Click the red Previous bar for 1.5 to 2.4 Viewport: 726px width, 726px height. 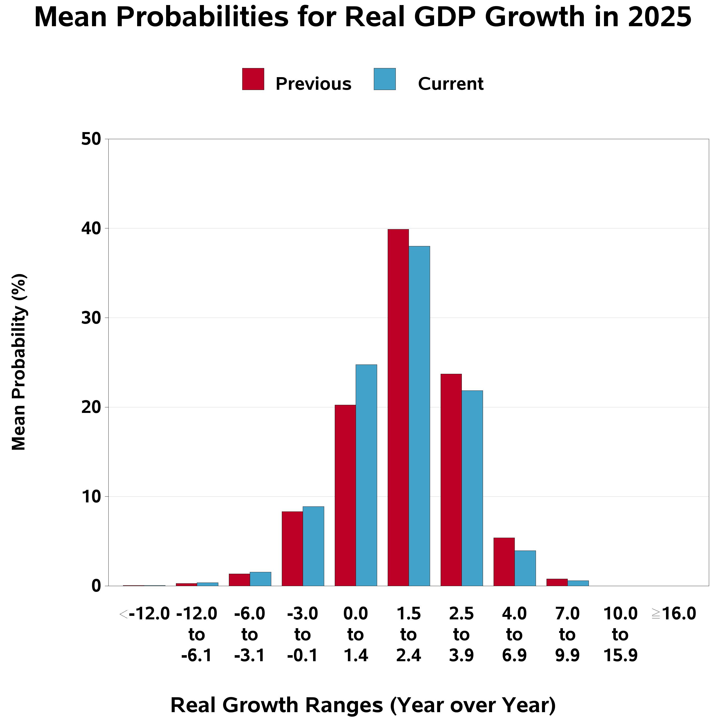(398, 407)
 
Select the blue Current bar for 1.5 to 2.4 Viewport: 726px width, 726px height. (419, 416)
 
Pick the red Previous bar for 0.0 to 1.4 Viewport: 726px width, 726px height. (345, 495)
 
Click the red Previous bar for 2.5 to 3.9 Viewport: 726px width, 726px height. (451, 480)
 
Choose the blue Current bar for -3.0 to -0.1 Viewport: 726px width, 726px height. (313, 546)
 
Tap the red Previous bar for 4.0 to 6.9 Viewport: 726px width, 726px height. (504, 562)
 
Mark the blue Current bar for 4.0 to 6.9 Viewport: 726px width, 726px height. (525, 568)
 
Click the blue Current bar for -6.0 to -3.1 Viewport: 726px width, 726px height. (260, 579)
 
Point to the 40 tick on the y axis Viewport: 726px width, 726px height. (106, 228)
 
